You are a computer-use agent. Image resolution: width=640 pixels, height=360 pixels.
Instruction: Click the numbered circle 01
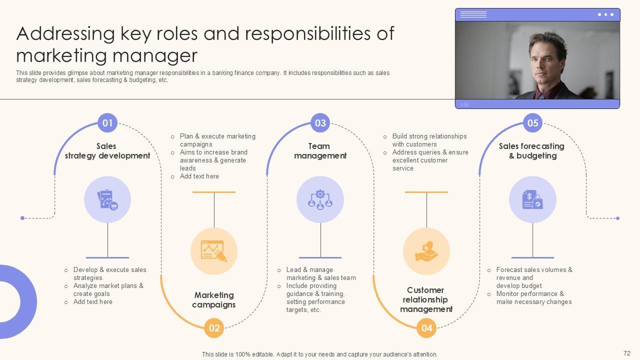(x=107, y=123)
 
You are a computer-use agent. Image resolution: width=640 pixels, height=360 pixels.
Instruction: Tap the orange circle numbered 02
(x=214, y=328)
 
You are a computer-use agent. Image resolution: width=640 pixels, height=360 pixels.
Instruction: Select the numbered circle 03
(x=320, y=123)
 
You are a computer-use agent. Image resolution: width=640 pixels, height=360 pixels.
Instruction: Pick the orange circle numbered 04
(x=426, y=328)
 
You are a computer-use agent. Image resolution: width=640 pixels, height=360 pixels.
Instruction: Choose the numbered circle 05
(x=532, y=123)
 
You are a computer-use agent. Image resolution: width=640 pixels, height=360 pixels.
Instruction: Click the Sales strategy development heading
(x=107, y=151)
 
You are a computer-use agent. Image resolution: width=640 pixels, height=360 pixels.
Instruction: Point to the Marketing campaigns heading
(x=214, y=300)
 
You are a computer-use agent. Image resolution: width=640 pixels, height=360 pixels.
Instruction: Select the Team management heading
(x=320, y=151)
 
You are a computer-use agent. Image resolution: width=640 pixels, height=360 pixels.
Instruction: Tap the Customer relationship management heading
(x=426, y=299)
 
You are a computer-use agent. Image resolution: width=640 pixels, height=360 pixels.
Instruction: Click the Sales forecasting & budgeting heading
(x=532, y=151)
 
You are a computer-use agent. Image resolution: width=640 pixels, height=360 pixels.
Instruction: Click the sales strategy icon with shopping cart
(x=107, y=199)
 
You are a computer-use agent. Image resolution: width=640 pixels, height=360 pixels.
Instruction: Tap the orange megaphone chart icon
(x=214, y=251)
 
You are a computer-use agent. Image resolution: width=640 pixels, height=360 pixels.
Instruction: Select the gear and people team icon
(x=320, y=199)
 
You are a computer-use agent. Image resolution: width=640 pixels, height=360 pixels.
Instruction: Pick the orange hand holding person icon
(x=426, y=251)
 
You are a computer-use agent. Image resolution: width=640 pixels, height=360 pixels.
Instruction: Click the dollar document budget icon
(x=532, y=199)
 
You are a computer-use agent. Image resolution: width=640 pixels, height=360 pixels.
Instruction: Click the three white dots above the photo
(x=605, y=14)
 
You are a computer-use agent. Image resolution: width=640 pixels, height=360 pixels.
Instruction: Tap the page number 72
(x=627, y=353)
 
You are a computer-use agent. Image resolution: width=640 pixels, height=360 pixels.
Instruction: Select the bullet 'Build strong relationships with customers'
(x=429, y=140)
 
